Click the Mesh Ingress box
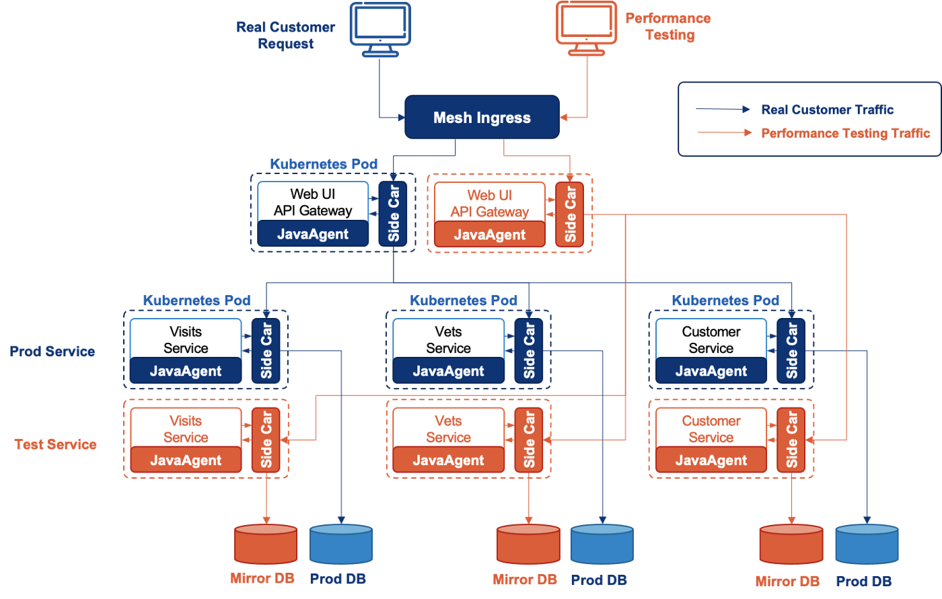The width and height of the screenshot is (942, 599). coord(482,118)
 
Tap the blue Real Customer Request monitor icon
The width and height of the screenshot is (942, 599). coord(379,28)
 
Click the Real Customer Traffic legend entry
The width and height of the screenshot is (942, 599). coord(827,110)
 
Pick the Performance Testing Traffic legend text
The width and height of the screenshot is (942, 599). coord(845,133)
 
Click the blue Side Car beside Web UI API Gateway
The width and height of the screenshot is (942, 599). coord(394,213)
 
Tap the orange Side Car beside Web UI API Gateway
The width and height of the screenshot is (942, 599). coord(571,214)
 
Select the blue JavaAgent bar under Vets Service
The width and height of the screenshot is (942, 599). coord(448,371)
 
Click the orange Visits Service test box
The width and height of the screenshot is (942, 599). coord(186,429)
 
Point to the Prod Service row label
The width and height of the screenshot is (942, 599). coord(52,351)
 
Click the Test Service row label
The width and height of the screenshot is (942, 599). coord(55,444)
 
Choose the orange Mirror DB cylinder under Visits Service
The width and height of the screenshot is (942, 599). coord(266,545)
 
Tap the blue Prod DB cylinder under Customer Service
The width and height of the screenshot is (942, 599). coord(866,545)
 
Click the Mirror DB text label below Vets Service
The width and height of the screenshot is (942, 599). coord(525,580)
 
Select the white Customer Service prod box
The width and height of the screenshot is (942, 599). coord(711,340)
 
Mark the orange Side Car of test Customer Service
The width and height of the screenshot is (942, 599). coord(791,439)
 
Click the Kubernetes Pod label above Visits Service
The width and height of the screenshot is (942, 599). coord(196,301)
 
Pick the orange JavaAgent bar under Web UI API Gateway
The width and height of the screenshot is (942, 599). coord(490,235)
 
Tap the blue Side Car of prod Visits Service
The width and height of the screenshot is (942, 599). coord(266,350)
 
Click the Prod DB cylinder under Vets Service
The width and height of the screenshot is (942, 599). coord(602,545)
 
